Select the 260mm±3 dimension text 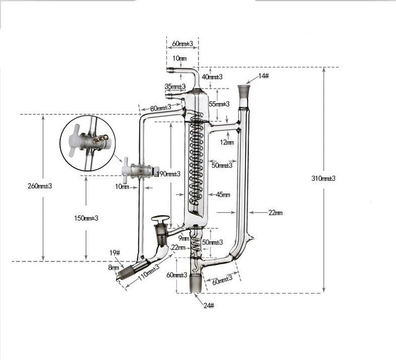point(41,186)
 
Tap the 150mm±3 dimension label point(85,218)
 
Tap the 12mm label point(226,141)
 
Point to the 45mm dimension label point(223,194)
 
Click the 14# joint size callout point(263,76)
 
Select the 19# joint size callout point(114,252)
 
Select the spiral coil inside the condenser point(196,159)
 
